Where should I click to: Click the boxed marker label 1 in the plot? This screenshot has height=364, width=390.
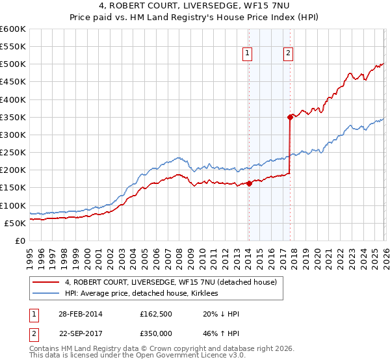tap(248, 55)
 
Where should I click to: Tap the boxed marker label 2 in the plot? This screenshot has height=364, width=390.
tap(288, 55)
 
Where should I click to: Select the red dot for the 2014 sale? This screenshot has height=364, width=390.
tap(249, 183)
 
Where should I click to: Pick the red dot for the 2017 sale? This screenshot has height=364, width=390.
tap(290, 117)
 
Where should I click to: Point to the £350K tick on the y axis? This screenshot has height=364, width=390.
tap(13, 117)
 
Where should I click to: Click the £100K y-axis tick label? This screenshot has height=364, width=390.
tap(13, 205)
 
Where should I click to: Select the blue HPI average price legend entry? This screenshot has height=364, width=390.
tap(141, 293)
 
